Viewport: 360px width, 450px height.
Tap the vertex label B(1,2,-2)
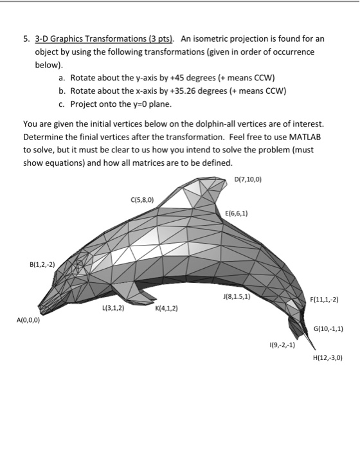click(42, 264)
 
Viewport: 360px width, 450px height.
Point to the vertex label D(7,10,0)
click(248, 178)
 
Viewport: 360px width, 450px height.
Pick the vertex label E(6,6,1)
click(238, 213)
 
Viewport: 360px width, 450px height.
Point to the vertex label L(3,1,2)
click(113, 308)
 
